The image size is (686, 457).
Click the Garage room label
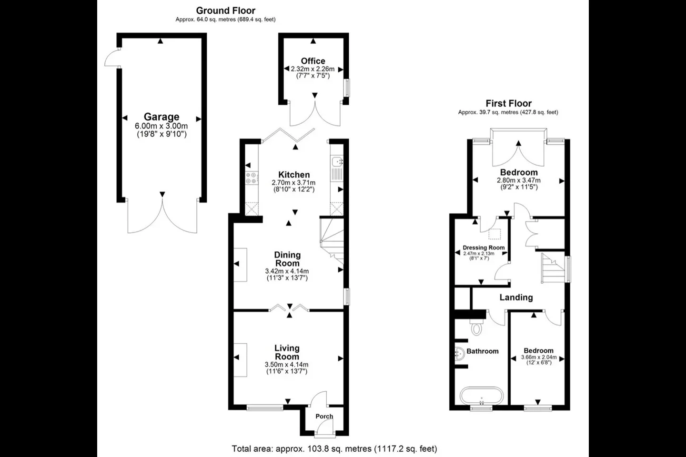click(161, 117)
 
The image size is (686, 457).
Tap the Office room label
click(313, 61)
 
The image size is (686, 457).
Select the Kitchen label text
click(294, 175)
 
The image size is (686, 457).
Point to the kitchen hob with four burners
click(252, 178)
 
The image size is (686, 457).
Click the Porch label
click(324, 416)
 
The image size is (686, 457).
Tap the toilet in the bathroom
click(476, 327)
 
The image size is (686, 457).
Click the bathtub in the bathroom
click(482, 397)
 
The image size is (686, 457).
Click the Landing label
click(516, 297)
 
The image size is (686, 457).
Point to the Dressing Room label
click(484, 248)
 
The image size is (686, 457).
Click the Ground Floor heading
click(226, 11)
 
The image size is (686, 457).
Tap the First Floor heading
click(509, 103)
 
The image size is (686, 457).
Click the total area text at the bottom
click(334, 449)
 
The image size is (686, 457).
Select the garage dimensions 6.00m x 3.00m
click(161, 126)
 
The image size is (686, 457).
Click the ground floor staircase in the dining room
click(333, 240)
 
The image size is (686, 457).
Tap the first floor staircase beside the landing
click(553, 268)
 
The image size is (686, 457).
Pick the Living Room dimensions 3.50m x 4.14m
click(287, 365)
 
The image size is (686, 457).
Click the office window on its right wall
click(347, 88)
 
